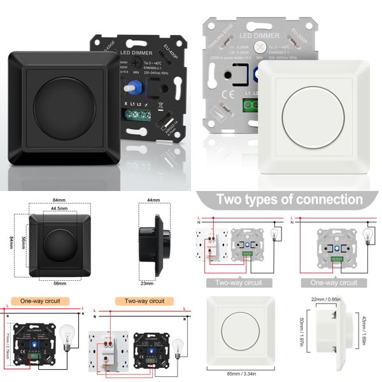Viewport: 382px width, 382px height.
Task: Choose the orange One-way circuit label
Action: point(39,301)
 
